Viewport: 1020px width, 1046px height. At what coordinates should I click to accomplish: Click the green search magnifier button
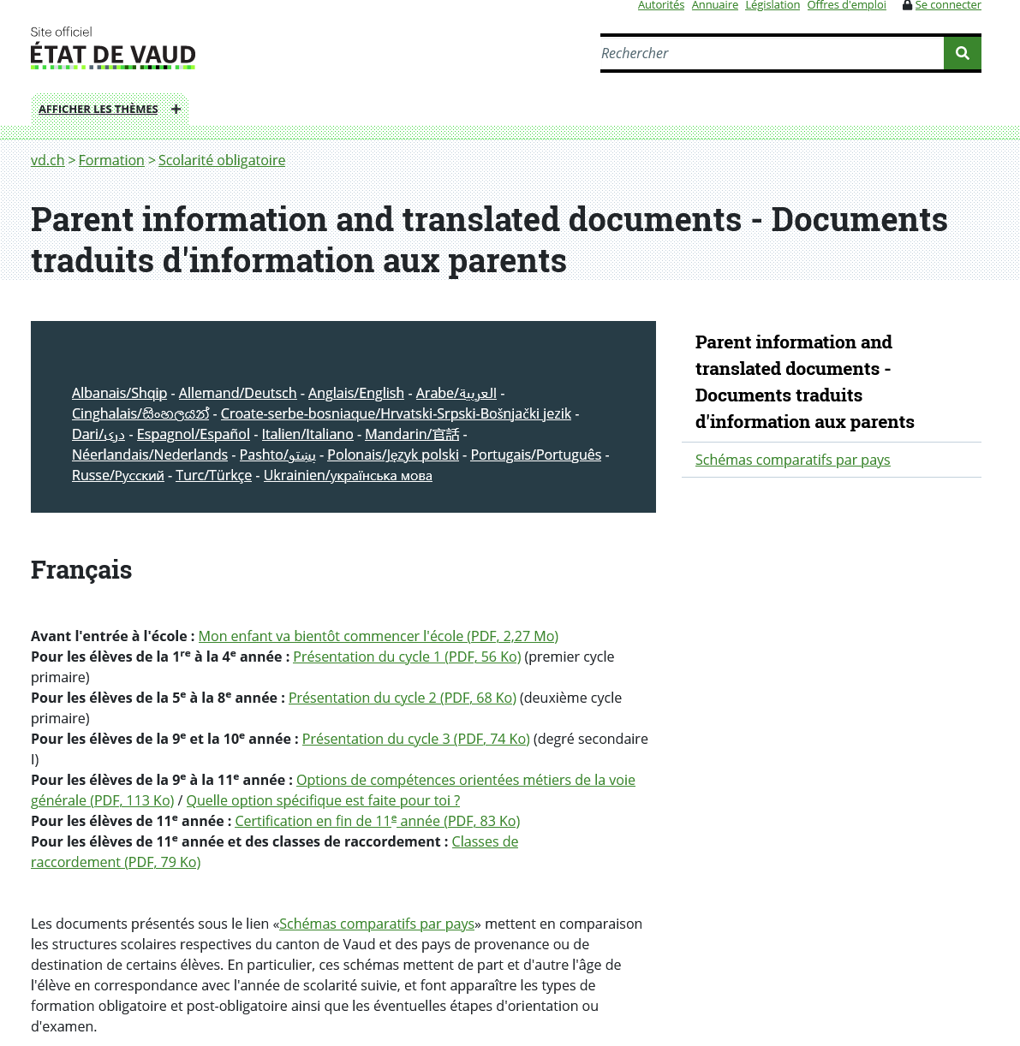(962, 53)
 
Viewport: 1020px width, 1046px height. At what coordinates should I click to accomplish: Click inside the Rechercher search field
(771, 53)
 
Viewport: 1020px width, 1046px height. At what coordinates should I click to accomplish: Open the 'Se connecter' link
(947, 6)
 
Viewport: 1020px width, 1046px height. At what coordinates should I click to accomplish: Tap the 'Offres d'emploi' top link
(846, 6)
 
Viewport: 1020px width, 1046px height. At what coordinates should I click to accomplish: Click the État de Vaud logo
(113, 49)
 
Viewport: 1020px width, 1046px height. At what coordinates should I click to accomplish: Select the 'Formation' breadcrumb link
(111, 160)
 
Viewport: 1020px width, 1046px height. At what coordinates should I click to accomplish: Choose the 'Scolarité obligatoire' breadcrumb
(222, 160)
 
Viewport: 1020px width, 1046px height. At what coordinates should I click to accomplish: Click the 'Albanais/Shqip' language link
(119, 393)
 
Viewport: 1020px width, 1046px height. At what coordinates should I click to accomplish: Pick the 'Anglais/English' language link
(355, 393)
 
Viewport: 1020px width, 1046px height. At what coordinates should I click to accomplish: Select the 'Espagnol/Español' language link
(193, 434)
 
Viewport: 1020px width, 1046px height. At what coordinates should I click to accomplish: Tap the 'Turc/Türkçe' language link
(213, 475)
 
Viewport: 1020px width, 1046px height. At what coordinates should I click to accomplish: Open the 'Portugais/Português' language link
(535, 455)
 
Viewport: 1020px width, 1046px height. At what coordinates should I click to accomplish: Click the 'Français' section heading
(81, 569)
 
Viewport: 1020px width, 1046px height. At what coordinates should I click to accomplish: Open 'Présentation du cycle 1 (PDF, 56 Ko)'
(407, 657)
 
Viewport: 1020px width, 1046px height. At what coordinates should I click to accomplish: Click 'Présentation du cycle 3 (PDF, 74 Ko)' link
(415, 739)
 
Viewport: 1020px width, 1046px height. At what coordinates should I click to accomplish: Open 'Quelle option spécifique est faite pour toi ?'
(323, 800)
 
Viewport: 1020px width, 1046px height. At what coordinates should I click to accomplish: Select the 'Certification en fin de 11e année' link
(377, 821)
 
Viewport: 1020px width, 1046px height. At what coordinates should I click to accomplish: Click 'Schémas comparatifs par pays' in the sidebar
(792, 460)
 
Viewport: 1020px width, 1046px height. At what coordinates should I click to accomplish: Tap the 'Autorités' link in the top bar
(660, 6)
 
